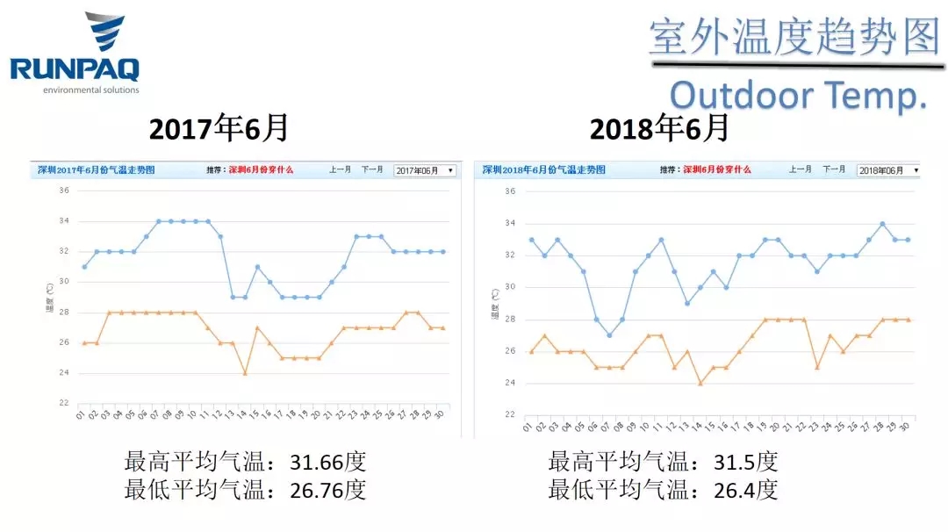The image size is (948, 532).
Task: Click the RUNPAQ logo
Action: tap(75, 52)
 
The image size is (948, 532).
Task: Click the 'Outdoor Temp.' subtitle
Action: tap(799, 95)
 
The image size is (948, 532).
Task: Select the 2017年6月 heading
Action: tap(219, 129)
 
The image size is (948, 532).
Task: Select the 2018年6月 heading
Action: tap(659, 129)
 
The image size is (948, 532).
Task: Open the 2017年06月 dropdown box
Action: tap(425, 170)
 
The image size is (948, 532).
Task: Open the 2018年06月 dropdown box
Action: tap(888, 170)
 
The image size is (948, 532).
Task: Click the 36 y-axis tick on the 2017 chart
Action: tap(63, 190)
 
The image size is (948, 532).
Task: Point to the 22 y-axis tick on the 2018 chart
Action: tap(510, 414)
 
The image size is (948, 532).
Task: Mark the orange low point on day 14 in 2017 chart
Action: tap(245, 373)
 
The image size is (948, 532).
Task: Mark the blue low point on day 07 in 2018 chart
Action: tap(609, 335)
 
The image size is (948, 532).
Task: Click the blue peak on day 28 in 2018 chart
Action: tap(882, 224)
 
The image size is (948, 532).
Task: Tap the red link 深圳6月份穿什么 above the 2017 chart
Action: tap(261, 170)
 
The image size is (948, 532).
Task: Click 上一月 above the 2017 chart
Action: tap(341, 170)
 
